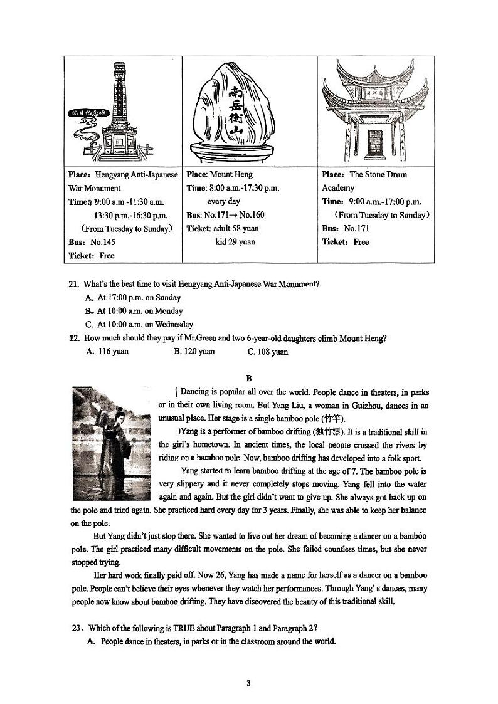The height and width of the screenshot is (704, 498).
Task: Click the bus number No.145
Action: [x=103, y=242]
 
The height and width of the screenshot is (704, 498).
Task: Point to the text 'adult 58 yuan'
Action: [x=232, y=229]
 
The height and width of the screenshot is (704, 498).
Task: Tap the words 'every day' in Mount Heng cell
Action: [x=224, y=202]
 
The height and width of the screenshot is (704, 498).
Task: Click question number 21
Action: [x=74, y=285]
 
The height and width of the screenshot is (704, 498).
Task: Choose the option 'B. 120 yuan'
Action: [x=194, y=352]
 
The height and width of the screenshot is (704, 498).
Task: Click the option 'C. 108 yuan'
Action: [x=268, y=352]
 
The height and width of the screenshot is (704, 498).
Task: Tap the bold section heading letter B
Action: [x=249, y=378]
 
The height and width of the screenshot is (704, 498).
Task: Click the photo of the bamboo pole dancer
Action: [x=112, y=443]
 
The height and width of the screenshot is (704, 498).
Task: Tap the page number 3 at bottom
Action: [x=248, y=683]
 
